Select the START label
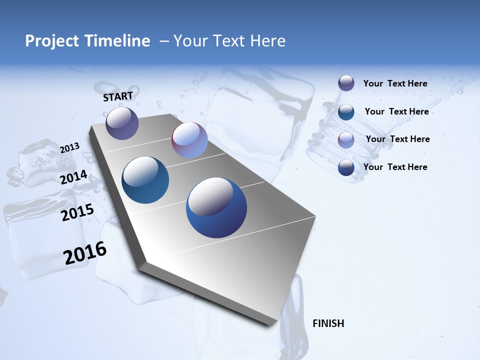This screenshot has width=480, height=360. click(118, 96)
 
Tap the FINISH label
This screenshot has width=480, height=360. click(328, 323)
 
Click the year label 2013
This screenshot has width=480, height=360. click(70, 148)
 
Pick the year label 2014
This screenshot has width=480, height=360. click(74, 177)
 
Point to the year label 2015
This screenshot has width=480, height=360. click(77, 212)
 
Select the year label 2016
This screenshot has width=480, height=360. click(85, 253)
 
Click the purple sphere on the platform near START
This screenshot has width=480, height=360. click(122, 123)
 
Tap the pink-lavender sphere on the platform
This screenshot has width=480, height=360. click(189, 140)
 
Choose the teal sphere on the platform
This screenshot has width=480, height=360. click(145, 180)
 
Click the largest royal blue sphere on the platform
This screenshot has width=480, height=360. click(216, 207)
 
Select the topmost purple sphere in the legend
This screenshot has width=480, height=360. click(346, 83)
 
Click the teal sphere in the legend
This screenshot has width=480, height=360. click(346, 111)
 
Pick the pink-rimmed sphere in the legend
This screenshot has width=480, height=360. click(346, 139)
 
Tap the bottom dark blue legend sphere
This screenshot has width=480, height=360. click(346, 167)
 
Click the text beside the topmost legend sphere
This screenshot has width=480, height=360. click(395, 83)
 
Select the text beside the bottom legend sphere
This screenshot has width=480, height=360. click(395, 167)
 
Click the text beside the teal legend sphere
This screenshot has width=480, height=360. click(396, 111)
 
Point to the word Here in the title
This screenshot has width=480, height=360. click(267, 41)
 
